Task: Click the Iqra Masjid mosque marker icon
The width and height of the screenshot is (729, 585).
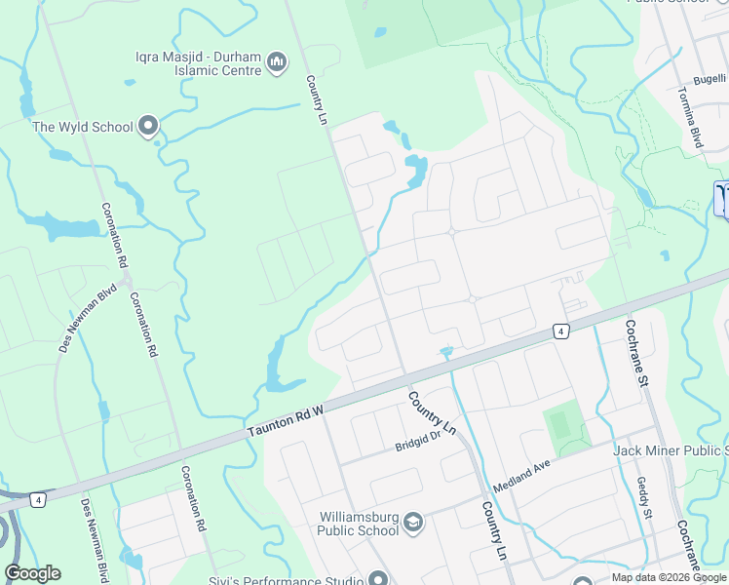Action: tap(277, 62)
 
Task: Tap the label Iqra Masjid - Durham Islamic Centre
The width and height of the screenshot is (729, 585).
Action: tap(199, 62)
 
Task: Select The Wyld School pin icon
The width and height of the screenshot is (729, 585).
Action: tap(148, 126)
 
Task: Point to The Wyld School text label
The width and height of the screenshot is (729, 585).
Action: tap(83, 127)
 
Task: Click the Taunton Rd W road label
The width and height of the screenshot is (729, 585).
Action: tap(284, 418)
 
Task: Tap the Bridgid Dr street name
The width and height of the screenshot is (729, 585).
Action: tap(418, 445)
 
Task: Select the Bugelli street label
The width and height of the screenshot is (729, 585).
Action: tap(710, 79)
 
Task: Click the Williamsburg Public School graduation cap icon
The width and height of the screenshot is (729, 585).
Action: tap(413, 524)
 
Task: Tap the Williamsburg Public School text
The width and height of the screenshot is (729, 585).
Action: tap(358, 524)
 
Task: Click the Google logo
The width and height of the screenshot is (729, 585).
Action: tap(32, 573)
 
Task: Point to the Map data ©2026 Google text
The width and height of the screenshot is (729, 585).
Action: tap(669, 577)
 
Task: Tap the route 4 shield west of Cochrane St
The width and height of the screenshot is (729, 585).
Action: tap(561, 331)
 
